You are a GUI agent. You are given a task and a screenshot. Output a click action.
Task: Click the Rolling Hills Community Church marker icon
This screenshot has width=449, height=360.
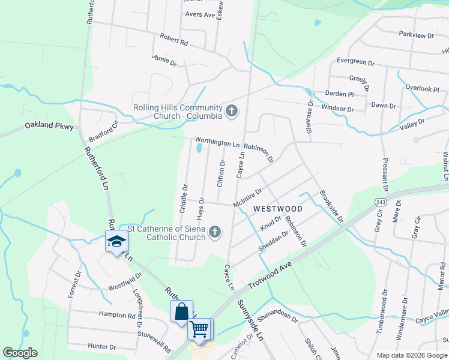[231, 110]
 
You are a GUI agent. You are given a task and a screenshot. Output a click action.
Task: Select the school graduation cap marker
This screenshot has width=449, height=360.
[116, 242]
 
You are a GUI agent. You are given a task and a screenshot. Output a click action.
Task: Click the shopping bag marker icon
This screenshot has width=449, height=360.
[181, 311]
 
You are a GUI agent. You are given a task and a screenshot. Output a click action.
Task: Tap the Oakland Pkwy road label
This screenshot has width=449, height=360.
[49, 127]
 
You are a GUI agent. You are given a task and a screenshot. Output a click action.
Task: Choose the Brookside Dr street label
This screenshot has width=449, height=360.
[331, 206]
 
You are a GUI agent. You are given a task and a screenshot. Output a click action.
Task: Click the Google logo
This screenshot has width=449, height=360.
[20, 353]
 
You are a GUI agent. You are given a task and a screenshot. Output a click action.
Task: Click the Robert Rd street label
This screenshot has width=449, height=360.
[174, 40]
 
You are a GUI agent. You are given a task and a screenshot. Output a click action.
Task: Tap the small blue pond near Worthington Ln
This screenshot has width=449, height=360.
[199, 148]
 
